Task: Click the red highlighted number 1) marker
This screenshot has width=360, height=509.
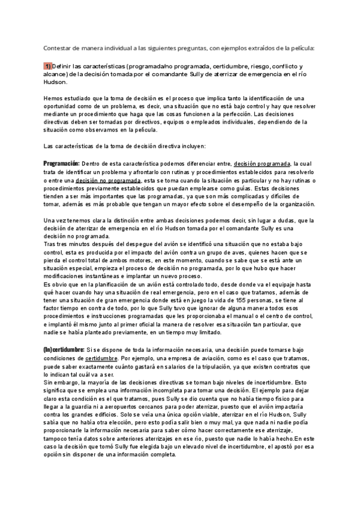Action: (47, 65)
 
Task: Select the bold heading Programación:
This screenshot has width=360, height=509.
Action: (62, 163)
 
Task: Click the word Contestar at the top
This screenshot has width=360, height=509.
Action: (58, 48)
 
